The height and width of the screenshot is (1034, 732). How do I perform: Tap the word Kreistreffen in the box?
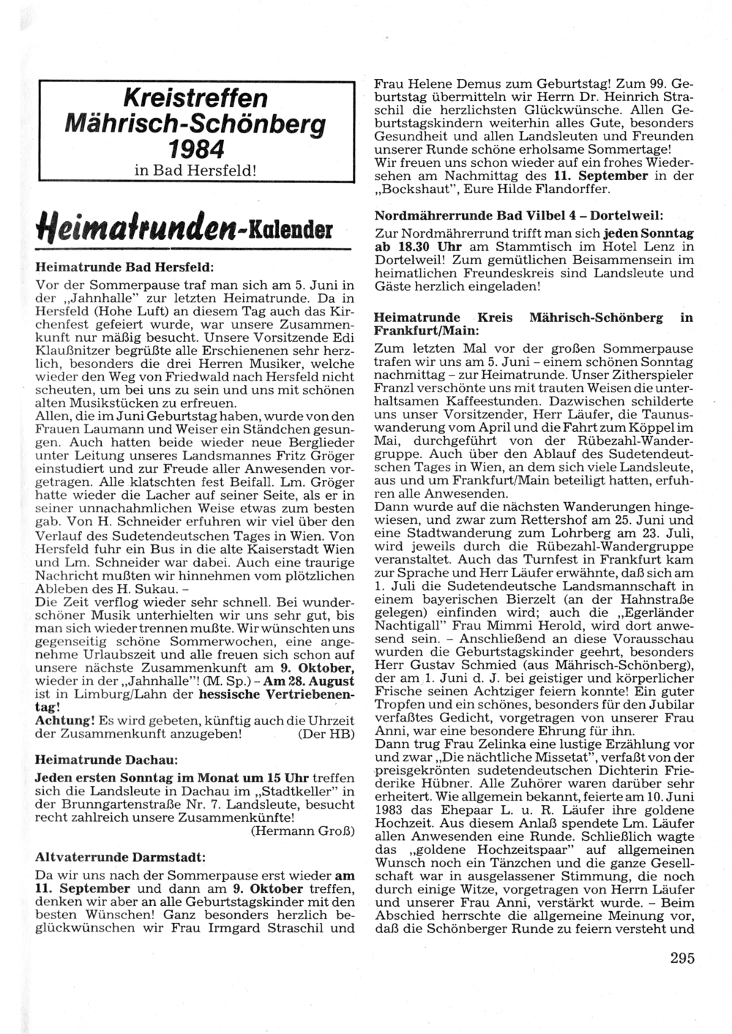(195, 98)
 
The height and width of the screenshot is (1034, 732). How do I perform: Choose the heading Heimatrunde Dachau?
(106, 760)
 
